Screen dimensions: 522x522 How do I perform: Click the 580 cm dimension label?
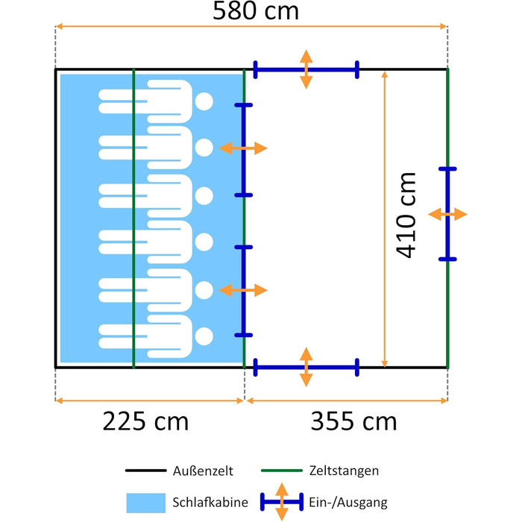click(x=255, y=11)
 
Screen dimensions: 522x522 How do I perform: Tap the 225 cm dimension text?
click(x=145, y=421)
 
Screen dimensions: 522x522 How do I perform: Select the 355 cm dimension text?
click(x=353, y=421)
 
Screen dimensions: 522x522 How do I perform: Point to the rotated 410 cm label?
click(x=406, y=215)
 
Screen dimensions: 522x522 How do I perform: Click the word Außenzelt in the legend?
click(x=203, y=471)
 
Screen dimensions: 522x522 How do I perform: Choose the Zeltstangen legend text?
click(x=344, y=471)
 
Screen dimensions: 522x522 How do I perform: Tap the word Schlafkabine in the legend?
click(x=210, y=502)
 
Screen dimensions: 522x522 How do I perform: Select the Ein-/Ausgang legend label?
click(x=348, y=503)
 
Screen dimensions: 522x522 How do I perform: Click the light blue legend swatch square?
click(x=146, y=503)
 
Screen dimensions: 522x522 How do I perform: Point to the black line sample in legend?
click(x=146, y=471)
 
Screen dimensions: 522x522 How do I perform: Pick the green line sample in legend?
click(x=282, y=471)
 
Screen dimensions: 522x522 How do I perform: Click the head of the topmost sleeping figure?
click(x=204, y=101)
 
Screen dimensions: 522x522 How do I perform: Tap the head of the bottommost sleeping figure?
click(x=204, y=336)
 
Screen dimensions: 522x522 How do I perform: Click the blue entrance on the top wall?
click(x=306, y=69)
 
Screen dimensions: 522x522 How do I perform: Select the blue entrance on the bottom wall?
click(x=306, y=368)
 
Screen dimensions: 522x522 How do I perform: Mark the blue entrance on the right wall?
click(x=447, y=214)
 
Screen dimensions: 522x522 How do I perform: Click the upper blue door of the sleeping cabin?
click(x=244, y=150)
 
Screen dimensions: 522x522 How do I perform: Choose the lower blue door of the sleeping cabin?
click(x=244, y=292)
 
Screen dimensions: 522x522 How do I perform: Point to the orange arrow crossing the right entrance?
click(x=447, y=214)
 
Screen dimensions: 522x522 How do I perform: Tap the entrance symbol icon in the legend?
click(x=282, y=502)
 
